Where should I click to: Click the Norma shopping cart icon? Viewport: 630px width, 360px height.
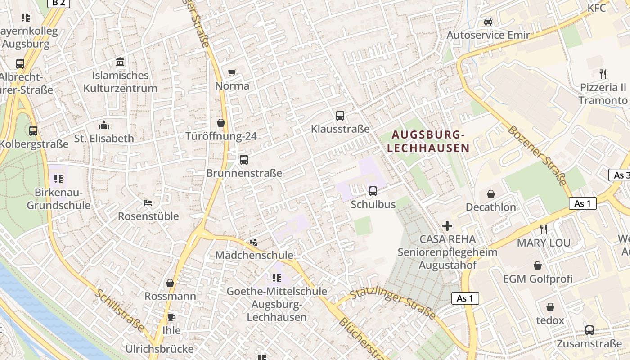232,72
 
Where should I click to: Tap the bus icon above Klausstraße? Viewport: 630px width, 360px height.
340,116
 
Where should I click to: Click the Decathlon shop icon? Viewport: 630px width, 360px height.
491,194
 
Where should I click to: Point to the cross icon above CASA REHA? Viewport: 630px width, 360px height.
447,225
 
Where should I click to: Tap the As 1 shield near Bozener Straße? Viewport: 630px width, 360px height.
582,203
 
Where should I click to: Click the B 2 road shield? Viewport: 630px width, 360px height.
58,3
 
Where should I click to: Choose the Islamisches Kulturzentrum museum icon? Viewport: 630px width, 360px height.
120,62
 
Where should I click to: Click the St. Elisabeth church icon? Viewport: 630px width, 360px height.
104,125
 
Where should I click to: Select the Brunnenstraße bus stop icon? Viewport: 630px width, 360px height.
244,159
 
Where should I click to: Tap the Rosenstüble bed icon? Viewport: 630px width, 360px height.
148,203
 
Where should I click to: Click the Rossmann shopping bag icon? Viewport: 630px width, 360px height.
170,283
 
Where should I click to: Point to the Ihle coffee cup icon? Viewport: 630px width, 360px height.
171,317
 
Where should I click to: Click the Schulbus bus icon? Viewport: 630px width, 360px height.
373,191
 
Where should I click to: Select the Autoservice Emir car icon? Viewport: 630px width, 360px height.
488,21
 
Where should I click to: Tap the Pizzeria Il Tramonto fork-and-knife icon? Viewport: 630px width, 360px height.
603,74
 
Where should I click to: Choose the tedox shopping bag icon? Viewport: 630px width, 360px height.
550,307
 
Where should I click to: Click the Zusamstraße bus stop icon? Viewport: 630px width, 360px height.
589,330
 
